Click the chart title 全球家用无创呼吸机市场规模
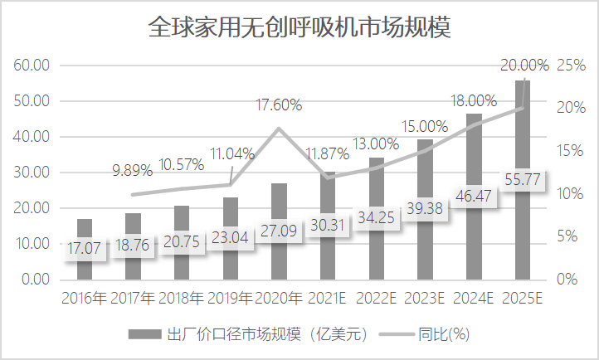click(299, 27)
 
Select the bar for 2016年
click(85, 250)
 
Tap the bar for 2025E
click(523, 180)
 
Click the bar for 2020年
click(280, 231)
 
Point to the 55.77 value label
click(523, 179)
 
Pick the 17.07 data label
click(84, 248)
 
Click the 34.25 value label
click(377, 217)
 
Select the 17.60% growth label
click(279, 105)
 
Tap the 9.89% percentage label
click(133, 170)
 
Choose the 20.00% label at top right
click(524, 66)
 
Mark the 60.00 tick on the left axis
click(32, 66)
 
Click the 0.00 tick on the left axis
click(36, 280)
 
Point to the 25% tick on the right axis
click(571, 66)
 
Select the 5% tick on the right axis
click(567, 236)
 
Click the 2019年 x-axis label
click(231, 298)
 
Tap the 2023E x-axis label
click(425, 298)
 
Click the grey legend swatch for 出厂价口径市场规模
click(145, 334)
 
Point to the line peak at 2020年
click(279, 129)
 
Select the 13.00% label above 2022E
click(376, 144)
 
